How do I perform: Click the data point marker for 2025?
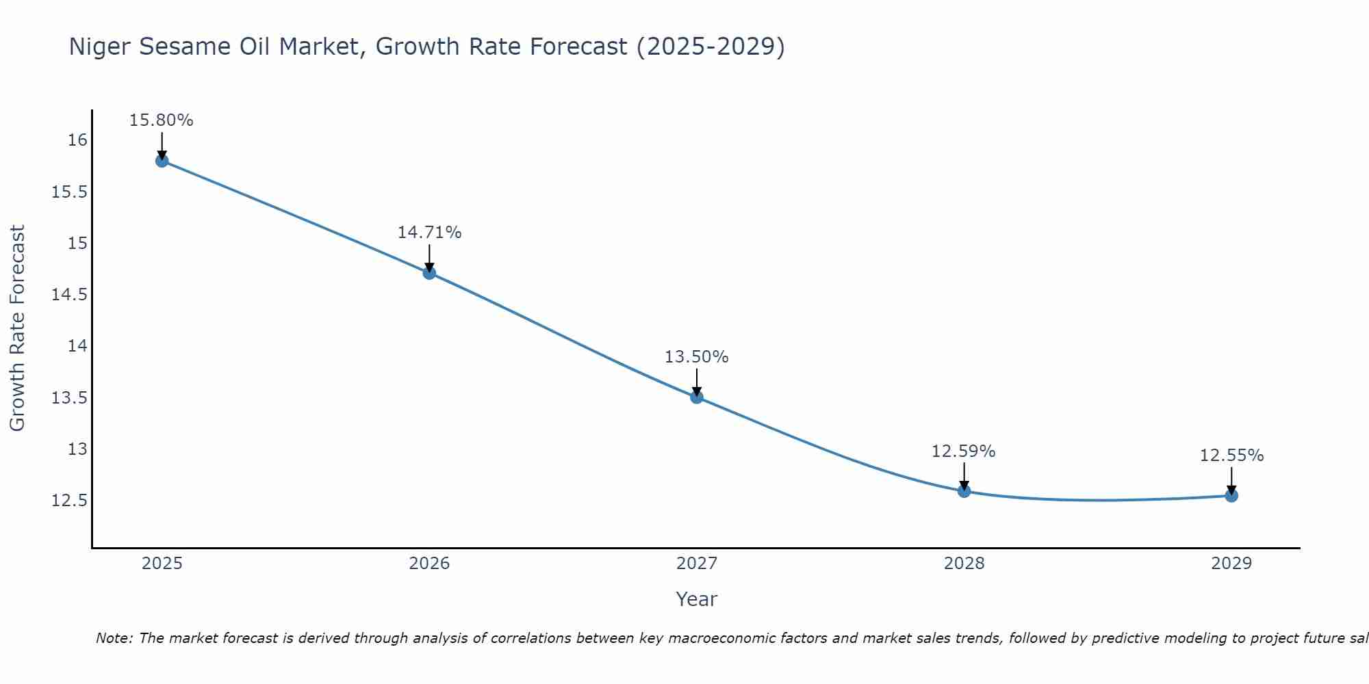tap(162, 161)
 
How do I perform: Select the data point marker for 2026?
tap(429, 273)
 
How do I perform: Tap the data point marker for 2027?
tap(697, 397)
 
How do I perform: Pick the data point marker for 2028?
tap(964, 490)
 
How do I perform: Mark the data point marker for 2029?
tap(1231, 495)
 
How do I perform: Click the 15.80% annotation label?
tap(162, 120)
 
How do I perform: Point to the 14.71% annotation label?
tap(429, 233)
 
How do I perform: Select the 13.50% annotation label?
tap(697, 357)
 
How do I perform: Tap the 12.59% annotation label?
tap(964, 451)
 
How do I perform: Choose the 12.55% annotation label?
tap(1231, 456)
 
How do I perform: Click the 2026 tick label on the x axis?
tap(429, 564)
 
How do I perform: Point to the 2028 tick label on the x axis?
tap(964, 564)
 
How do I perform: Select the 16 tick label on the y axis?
tap(77, 140)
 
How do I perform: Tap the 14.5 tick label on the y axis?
tap(70, 295)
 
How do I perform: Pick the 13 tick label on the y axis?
tap(77, 449)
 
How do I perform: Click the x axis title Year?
tap(697, 599)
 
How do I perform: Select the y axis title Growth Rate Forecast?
tap(17, 328)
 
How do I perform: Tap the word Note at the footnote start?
tap(114, 638)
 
